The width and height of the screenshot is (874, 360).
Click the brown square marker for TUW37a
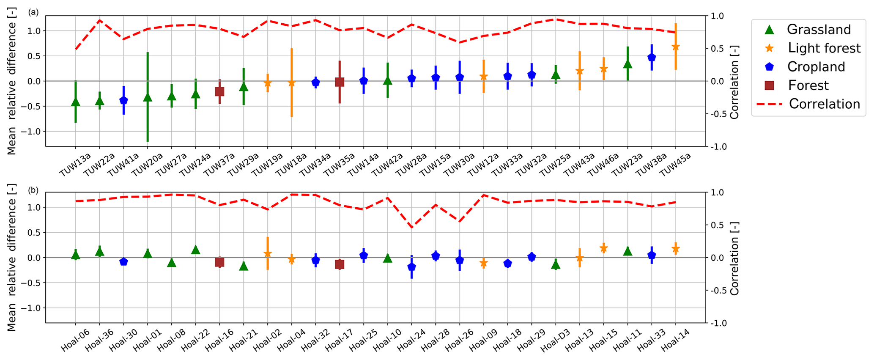tap(219, 91)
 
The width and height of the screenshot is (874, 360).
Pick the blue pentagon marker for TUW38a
tap(652, 58)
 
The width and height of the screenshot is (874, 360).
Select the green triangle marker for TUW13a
tap(76, 102)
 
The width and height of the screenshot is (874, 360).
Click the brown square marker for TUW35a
tap(340, 82)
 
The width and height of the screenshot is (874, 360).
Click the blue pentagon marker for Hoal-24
tap(411, 267)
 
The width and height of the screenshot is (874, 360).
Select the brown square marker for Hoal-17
tap(340, 264)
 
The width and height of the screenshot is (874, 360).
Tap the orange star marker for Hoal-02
tap(268, 253)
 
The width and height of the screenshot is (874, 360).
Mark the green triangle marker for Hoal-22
tap(195, 250)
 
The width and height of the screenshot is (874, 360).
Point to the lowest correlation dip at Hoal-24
tap(411, 227)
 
